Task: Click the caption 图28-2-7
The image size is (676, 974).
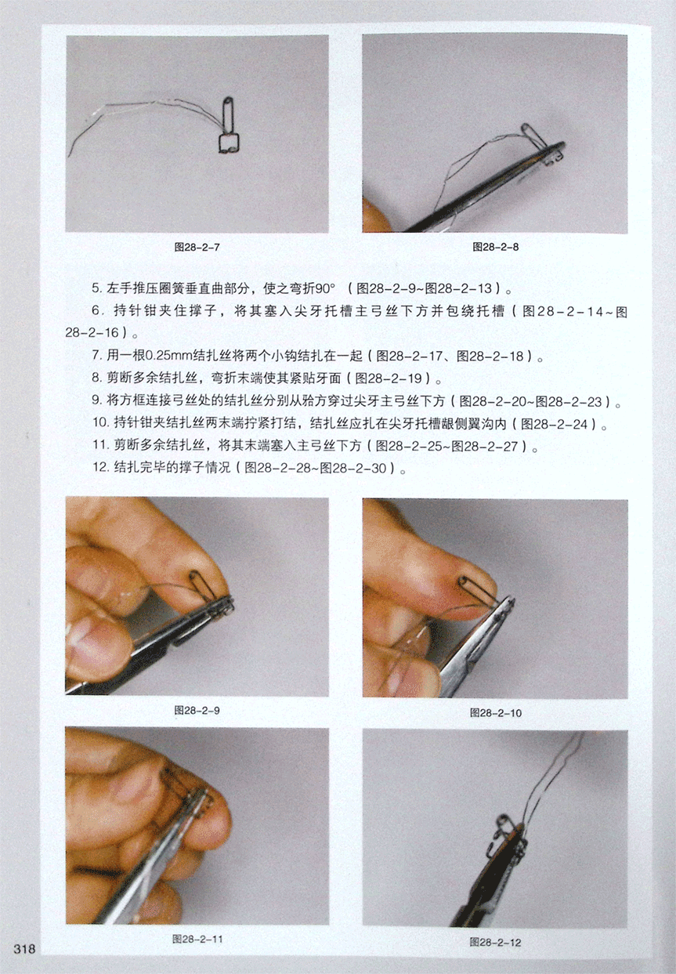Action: point(197,247)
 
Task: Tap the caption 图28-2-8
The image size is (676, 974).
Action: point(496,247)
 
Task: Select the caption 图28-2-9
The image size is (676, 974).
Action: point(197,710)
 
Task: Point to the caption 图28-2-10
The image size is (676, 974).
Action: point(496,712)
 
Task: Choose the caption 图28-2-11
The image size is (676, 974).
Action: point(197,939)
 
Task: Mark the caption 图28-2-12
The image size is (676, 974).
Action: point(496,942)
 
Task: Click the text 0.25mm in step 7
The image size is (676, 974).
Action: point(169,356)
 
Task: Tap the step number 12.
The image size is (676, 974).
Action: point(100,468)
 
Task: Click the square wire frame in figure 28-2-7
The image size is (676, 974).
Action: point(229,143)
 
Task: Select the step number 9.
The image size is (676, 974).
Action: point(96,401)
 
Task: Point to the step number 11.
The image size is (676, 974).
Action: point(100,445)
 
